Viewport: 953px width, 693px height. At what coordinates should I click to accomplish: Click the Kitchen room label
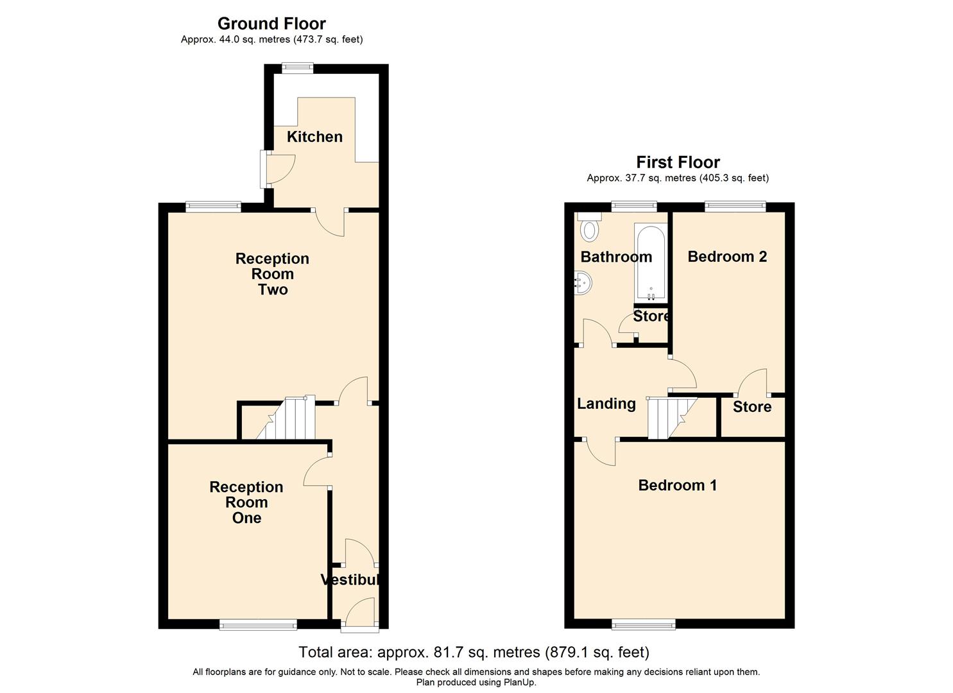pos(314,137)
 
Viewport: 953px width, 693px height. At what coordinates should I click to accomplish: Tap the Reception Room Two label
pos(272,274)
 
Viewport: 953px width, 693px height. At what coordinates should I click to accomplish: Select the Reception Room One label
pos(246,502)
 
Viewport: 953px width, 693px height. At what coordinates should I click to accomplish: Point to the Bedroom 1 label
pos(677,485)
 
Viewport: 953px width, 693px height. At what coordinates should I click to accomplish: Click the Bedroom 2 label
pos(727,257)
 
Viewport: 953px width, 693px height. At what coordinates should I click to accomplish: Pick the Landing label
pos(606,404)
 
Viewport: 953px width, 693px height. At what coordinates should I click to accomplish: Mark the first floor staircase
pos(671,417)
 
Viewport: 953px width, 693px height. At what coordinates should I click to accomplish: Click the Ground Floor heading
pos(271,24)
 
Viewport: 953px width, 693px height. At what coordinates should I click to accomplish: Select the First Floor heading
pos(678,162)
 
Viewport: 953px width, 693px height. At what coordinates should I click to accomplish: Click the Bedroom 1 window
pos(643,624)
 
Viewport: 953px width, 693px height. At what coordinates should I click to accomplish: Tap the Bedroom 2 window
pos(735,206)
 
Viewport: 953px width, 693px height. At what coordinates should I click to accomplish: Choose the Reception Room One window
pos(258,624)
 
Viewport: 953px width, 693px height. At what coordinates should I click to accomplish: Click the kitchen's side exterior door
pos(264,168)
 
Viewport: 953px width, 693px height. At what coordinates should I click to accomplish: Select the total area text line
pos(474,653)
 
